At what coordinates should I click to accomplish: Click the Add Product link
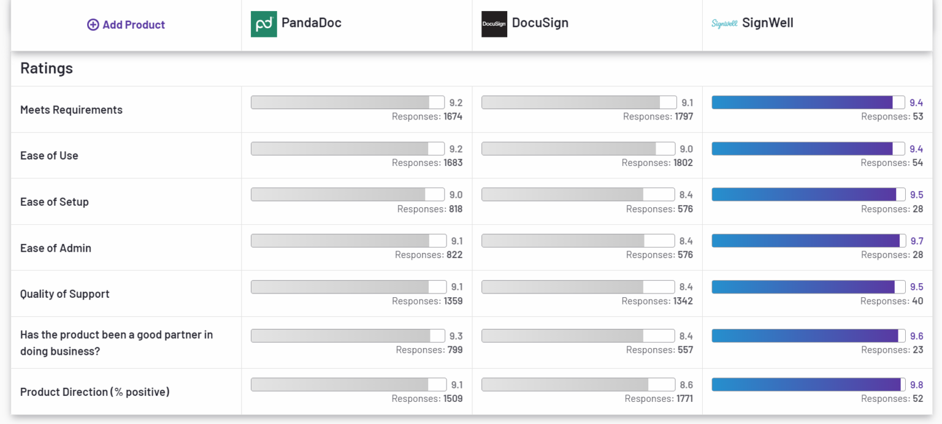126,25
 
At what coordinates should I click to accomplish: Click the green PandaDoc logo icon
264,24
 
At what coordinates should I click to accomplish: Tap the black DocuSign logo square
494,24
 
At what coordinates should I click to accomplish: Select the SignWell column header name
767,23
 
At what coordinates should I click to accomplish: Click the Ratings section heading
47,68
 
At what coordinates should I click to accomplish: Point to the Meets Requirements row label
71,110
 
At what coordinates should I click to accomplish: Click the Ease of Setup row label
54,202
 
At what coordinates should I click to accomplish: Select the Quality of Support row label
64,293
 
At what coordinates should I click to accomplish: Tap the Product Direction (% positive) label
94,392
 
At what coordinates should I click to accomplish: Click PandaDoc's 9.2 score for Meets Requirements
456,103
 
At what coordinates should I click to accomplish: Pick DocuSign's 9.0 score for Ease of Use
686,149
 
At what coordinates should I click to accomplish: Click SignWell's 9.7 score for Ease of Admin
916,241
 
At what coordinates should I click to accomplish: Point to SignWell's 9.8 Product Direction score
916,385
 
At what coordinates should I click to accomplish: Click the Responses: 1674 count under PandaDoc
427,116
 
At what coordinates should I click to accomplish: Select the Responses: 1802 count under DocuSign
657,162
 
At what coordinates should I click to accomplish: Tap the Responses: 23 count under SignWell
892,350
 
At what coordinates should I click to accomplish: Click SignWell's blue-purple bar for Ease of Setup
808,194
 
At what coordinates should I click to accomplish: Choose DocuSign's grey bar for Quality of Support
577,287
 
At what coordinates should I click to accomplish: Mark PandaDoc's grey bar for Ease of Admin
348,241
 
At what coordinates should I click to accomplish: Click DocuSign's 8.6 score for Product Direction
686,385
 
